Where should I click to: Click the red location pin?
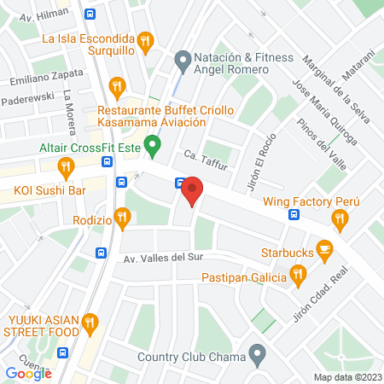pos(192,190)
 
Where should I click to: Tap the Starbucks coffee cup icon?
pos(324,250)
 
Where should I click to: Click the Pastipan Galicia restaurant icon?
pos(298,275)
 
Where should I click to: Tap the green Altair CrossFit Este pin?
pos(152,147)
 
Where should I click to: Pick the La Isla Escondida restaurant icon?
pos(145,40)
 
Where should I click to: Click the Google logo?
pos(29,373)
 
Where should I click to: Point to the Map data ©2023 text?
pos(346,377)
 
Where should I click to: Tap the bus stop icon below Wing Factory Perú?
pos(294,214)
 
